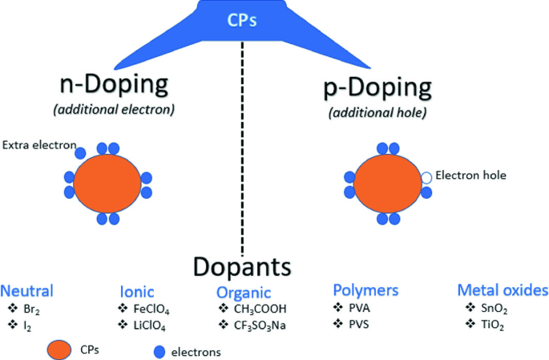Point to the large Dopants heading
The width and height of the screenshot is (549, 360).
point(241,267)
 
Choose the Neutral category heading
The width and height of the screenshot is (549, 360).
point(27,290)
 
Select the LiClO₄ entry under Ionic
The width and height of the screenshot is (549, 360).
point(150,326)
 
